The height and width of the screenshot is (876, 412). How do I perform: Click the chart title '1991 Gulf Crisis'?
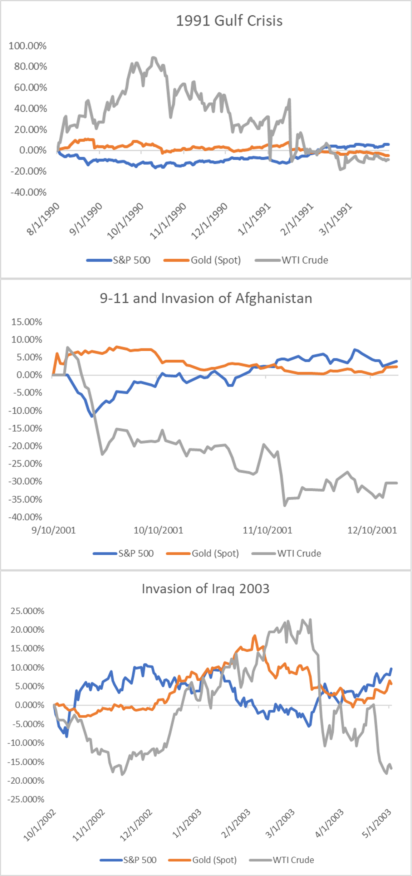229,21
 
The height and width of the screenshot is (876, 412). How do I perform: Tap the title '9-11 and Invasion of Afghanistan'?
206,298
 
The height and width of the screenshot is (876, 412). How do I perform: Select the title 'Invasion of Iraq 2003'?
205,589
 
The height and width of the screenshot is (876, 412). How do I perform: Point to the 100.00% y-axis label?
28,46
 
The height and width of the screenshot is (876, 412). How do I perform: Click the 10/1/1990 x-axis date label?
126,220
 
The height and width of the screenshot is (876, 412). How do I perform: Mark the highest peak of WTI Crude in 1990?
153,58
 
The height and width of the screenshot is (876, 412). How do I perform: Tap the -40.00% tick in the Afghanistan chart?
25,517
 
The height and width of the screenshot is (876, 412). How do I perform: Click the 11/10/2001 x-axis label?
267,530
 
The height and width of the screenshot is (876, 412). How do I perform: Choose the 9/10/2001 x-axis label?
54,530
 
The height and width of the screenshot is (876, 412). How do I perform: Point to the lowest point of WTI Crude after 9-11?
285,505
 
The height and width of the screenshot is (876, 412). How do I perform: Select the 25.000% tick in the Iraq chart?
27,611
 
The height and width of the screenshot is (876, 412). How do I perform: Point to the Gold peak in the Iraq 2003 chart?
255,636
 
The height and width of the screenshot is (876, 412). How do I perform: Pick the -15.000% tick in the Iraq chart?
26,762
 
